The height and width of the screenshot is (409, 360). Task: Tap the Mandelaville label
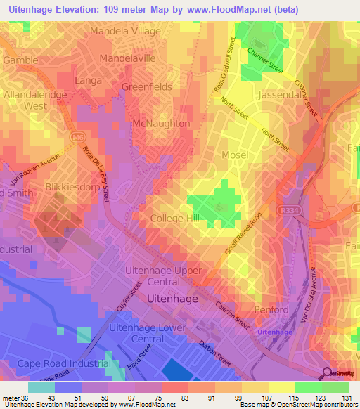[127, 58]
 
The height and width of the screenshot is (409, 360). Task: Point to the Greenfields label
[146, 87]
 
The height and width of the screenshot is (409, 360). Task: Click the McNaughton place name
[161, 123]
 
